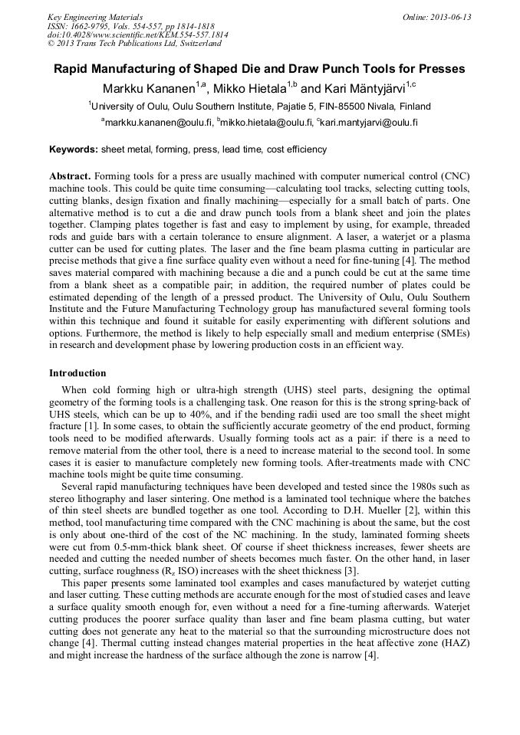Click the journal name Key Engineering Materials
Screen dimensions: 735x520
[x=95, y=17]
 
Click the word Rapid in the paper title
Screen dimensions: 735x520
[x=71, y=69]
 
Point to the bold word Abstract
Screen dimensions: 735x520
[x=71, y=176]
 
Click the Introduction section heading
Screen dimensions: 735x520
[x=77, y=373]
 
